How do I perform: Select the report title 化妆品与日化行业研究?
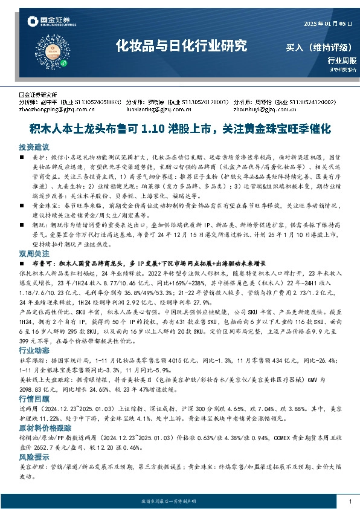182,45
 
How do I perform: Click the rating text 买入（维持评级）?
321,47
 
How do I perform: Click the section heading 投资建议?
34,147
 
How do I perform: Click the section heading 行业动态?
34,349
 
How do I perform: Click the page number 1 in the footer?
350,501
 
